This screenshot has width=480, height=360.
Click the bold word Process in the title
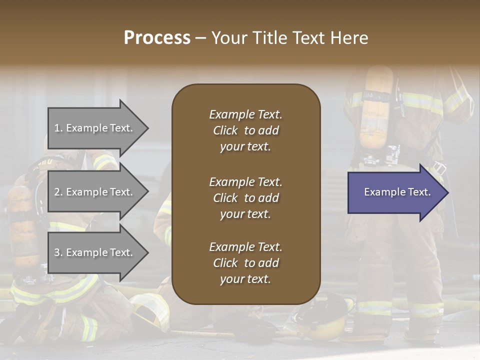pyautogui.click(x=157, y=38)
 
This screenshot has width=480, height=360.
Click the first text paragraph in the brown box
pyautogui.click(x=245, y=130)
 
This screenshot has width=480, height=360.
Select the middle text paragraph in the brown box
pyautogui.click(x=245, y=198)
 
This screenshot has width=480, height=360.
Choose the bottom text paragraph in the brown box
pyautogui.click(x=245, y=263)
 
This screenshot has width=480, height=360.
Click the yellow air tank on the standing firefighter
pyautogui.click(x=377, y=107)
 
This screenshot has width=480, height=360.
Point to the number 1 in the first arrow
pyautogui.click(x=57, y=128)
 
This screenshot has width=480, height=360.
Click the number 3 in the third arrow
pyautogui.click(x=57, y=252)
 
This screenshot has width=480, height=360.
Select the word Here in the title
pyautogui.click(x=349, y=38)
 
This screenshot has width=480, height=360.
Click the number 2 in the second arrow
pyautogui.click(x=57, y=192)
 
